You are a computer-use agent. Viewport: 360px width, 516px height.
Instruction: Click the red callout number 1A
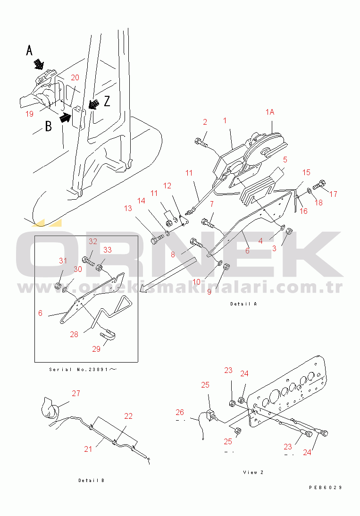pyautogui.click(x=269, y=112)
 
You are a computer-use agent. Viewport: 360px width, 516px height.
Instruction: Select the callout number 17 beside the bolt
pyautogui.click(x=333, y=194)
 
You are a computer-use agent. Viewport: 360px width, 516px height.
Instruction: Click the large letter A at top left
pyautogui.click(x=29, y=51)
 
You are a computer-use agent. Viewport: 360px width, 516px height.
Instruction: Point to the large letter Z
pyautogui.click(x=107, y=101)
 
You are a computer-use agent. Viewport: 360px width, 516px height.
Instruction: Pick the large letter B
pyautogui.click(x=48, y=127)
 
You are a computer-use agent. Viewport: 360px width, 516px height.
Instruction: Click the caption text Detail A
pyautogui.click(x=243, y=304)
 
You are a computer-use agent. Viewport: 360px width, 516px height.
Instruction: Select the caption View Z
pyautogui.click(x=253, y=473)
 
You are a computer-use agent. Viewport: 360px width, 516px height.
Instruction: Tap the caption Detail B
pyautogui.click(x=92, y=481)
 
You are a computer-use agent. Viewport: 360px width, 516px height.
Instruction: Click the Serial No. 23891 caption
pyautogui.click(x=83, y=370)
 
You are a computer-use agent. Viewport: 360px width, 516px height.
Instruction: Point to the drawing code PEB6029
pyautogui.click(x=326, y=488)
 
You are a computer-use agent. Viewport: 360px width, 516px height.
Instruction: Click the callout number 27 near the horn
pyautogui.click(x=76, y=393)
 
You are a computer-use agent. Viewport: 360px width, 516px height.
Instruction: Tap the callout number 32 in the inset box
pyautogui.click(x=93, y=242)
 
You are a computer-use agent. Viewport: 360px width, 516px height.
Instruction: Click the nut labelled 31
pyautogui.click(x=58, y=286)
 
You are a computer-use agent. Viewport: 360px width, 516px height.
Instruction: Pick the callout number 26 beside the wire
pyautogui.click(x=179, y=412)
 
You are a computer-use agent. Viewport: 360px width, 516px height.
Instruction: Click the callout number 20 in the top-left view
pyautogui.click(x=75, y=78)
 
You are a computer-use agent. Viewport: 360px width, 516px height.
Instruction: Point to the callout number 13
pyautogui.click(x=128, y=208)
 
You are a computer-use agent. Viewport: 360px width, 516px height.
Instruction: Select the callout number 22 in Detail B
pyautogui.click(x=128, y=416)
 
